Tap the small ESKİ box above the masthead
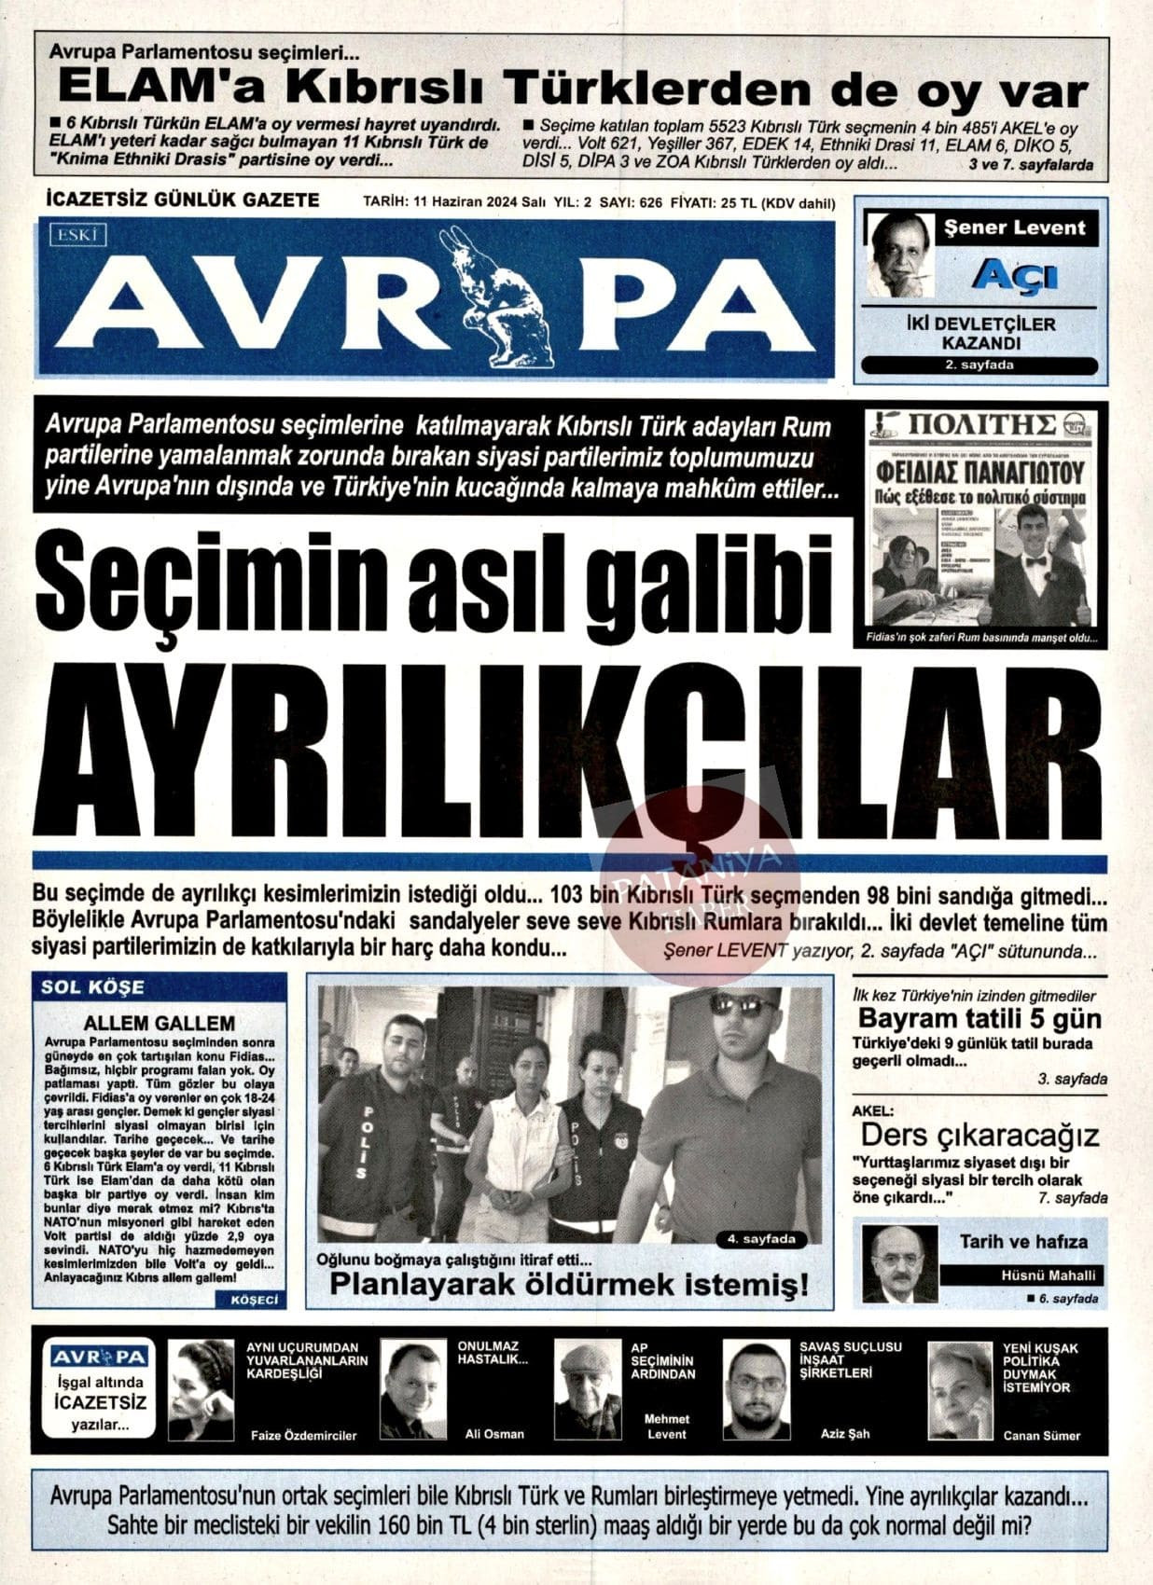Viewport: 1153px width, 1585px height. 79,235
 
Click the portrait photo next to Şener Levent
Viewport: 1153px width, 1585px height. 900,255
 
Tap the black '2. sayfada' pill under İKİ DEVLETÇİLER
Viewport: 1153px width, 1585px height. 979,365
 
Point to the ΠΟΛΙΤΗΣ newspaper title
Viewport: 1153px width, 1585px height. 981,425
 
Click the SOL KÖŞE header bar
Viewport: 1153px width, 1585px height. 160,986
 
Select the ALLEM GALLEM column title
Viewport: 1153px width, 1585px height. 160,1023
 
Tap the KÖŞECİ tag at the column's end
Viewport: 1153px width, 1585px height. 249,1300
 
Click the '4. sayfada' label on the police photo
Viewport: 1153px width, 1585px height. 761,1239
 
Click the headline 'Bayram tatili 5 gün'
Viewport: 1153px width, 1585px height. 979,1018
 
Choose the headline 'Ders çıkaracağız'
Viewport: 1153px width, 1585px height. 979,1135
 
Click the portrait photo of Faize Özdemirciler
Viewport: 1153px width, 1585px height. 201,1390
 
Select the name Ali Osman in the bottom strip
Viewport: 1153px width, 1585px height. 494,1434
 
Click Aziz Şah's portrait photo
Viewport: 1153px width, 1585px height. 757,1390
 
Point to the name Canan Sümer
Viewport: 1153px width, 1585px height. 1041,1435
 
